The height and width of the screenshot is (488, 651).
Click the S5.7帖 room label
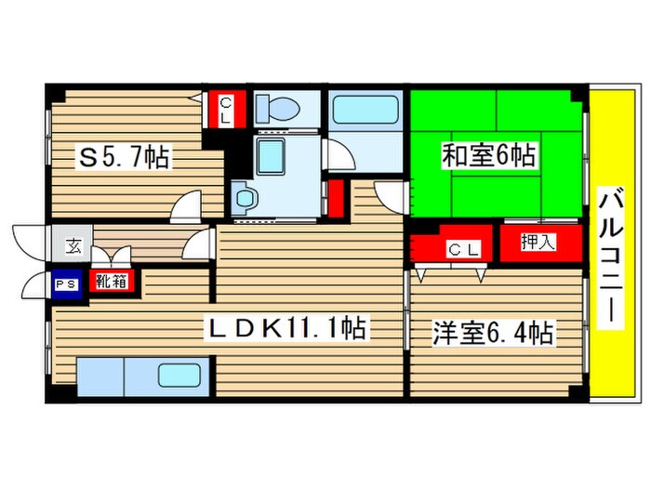(x=124, y=158)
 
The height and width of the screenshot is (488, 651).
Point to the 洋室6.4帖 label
(x=493, y=332)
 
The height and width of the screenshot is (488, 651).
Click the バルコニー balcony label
(x=610, y=256)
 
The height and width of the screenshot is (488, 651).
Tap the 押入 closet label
(x=537, y=244)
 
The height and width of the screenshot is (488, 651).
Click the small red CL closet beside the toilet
(x=226, y=111)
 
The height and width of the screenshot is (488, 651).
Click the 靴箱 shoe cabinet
(x=112, y=280)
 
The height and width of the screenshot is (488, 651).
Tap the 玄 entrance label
(x=72, y=246)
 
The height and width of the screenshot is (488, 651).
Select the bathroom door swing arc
(x=341, y=155)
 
